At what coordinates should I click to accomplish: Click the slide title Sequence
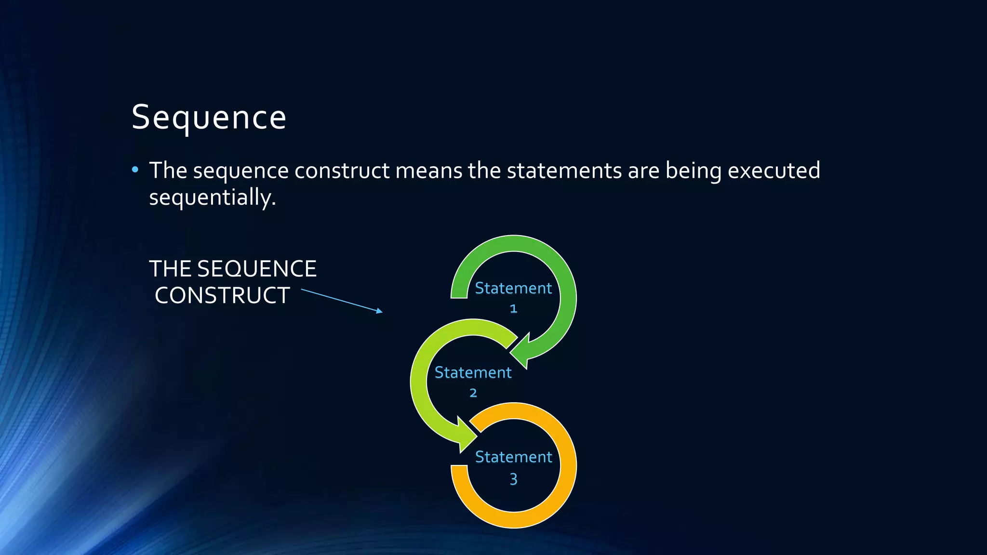(209, 118)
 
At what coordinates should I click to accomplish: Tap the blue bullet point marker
(135, 170)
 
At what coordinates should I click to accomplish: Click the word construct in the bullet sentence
(342, 171)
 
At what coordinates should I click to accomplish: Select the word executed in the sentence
(774, 171)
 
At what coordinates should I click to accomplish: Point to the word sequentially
(212, 198)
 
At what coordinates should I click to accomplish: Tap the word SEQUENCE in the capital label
(257, 269)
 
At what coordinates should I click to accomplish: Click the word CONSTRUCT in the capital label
(222, 295)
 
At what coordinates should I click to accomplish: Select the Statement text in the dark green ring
(513, 288)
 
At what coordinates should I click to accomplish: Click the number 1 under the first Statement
(513, 308)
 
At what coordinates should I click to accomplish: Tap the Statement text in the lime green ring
(473, 372)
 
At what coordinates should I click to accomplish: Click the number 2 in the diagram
(473, 393)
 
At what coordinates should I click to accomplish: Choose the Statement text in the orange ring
(513, 457)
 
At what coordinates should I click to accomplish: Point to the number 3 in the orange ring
(513, 479)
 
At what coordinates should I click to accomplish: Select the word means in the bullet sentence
(428, 171)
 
